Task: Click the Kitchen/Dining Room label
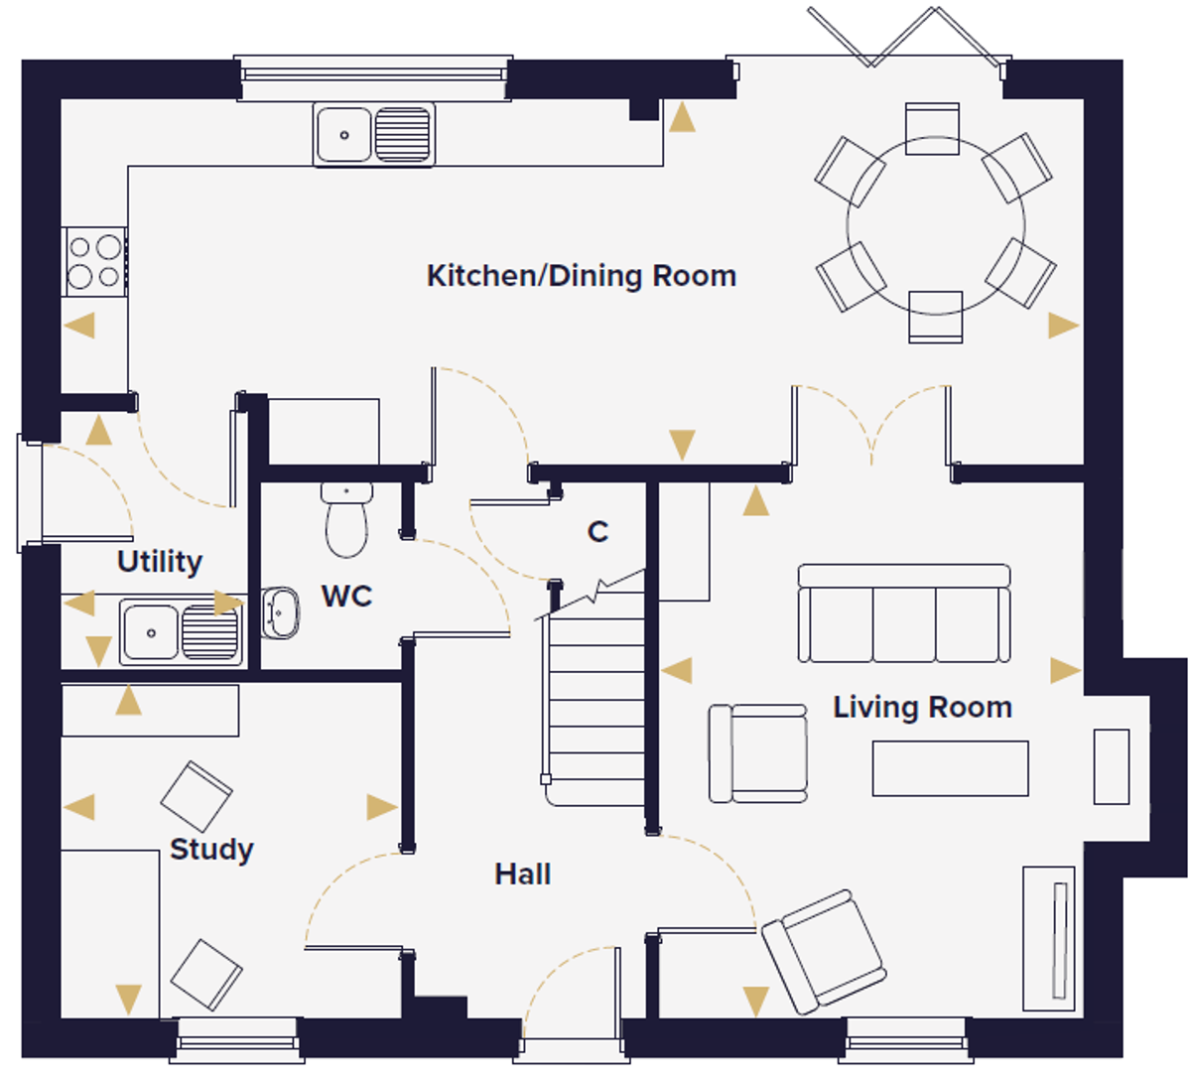(582, 276)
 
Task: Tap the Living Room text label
(923, 708)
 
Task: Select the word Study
(212, 850)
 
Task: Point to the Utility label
(160, 562)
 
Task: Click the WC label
(346, 596)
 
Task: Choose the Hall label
(523, 875)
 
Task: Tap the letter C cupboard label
(597, 532)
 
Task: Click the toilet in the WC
(346, 520)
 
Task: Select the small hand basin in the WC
(280, 612)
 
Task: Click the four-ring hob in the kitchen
(94, 261)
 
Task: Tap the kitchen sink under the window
(374, 134)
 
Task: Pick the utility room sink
(181, 632)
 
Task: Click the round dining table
(936, 225)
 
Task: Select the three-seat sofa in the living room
(904, 613)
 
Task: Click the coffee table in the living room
(951, 768)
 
